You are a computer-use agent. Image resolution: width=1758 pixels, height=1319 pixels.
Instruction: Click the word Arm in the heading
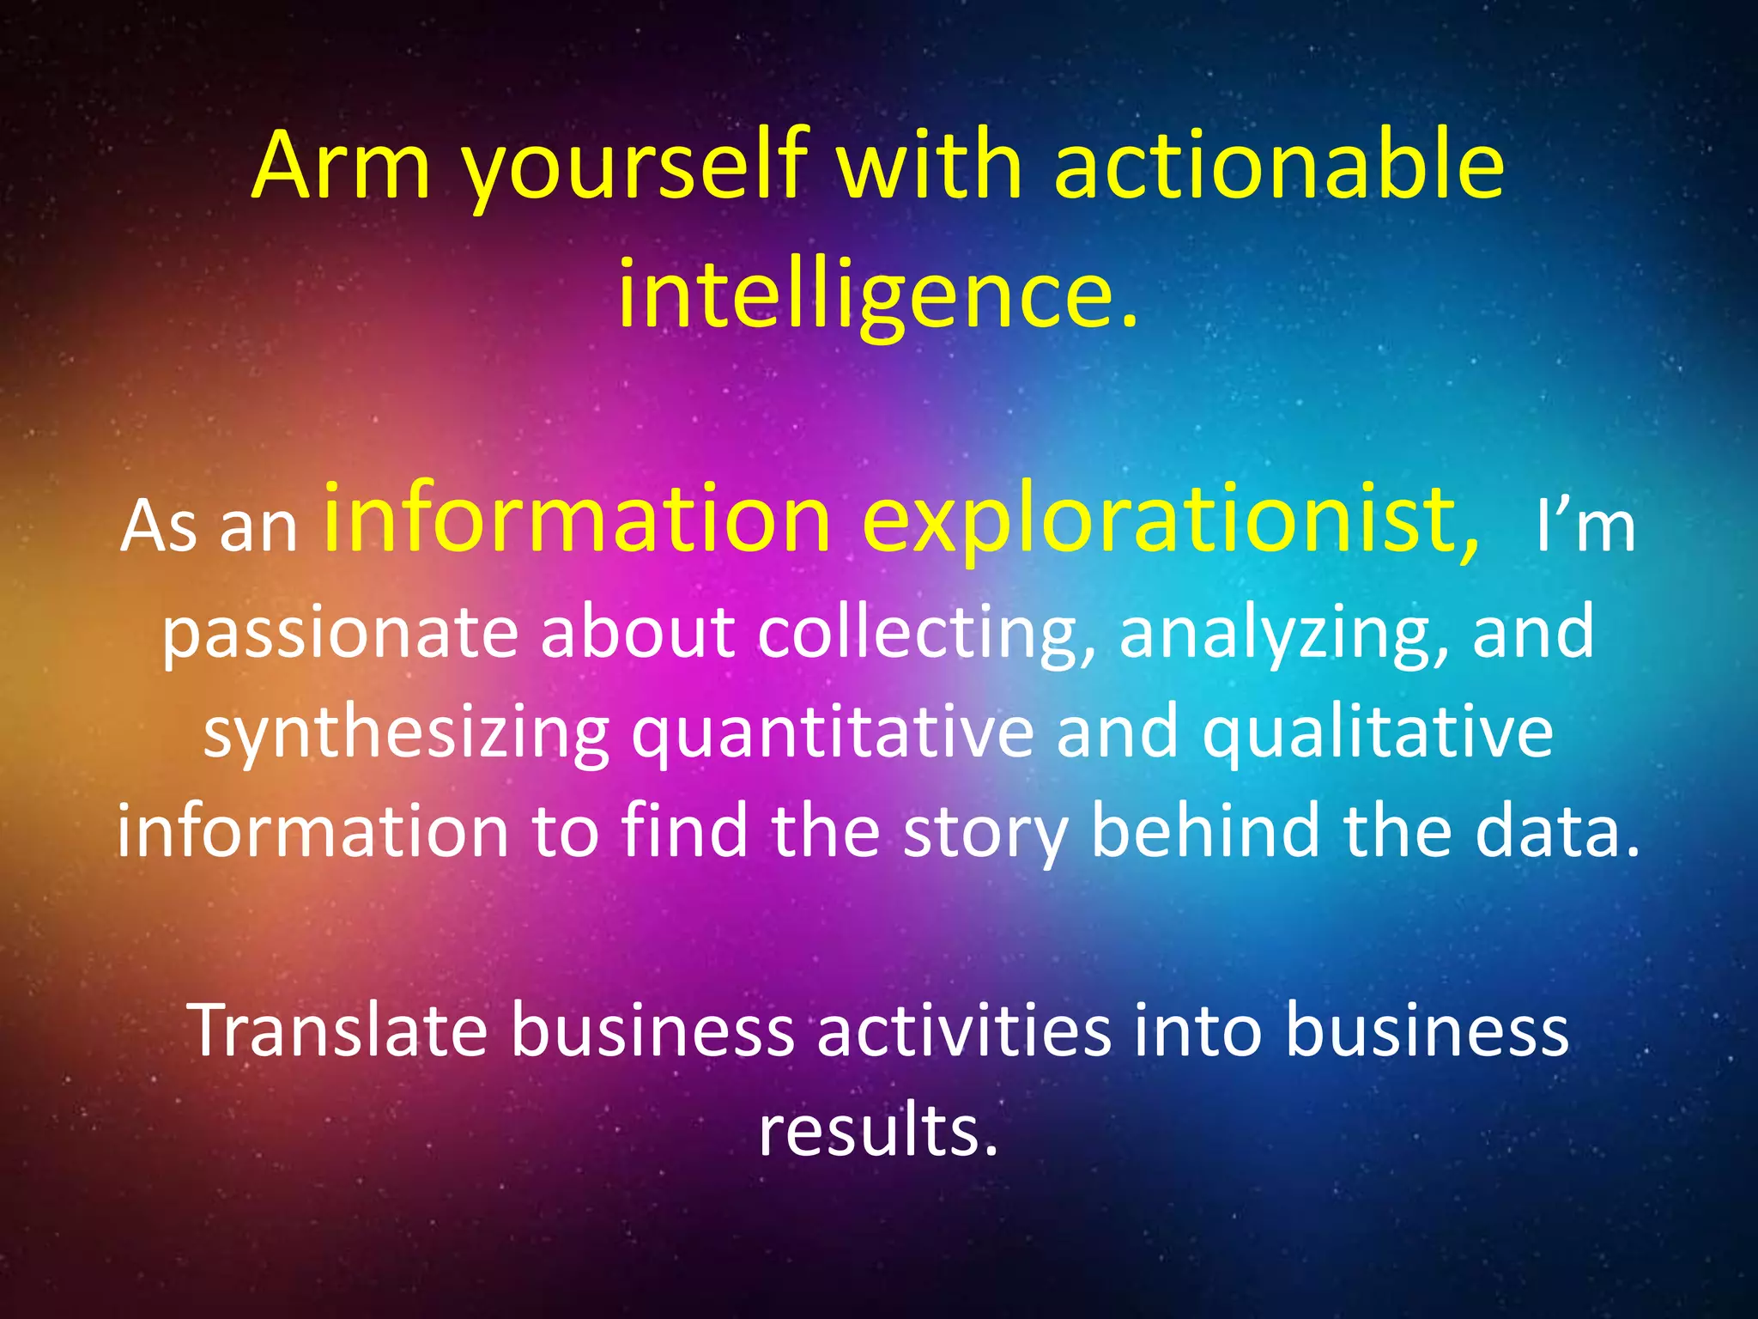(341, 165)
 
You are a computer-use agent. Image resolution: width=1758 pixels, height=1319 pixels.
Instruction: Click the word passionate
(340, 633)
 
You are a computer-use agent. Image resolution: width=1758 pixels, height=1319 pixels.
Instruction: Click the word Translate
(339, 1030)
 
